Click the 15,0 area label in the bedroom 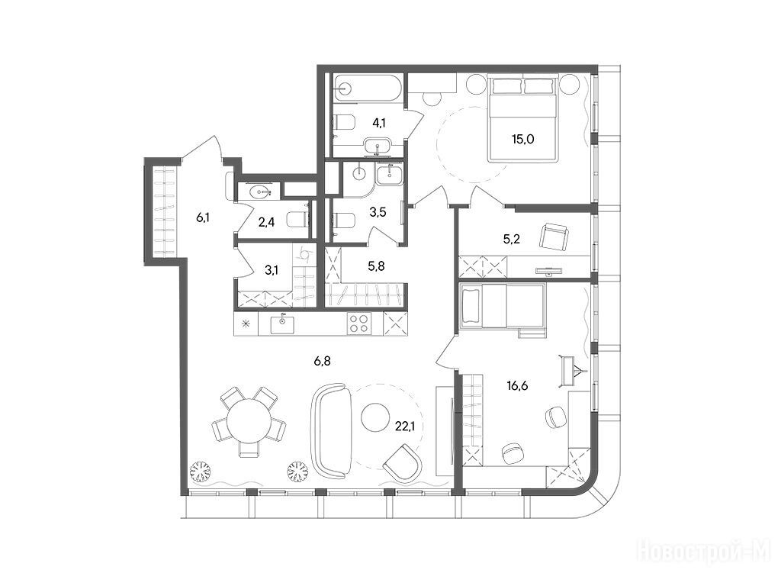523,139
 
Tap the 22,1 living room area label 405,426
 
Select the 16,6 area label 518,385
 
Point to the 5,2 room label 512,239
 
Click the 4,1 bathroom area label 380,123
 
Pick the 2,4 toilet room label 266,222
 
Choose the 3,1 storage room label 272,271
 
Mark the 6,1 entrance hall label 202,217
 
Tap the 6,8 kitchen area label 323,361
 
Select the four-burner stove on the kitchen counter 359,323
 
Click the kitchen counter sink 282,324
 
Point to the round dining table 249,421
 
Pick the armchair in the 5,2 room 554,237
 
